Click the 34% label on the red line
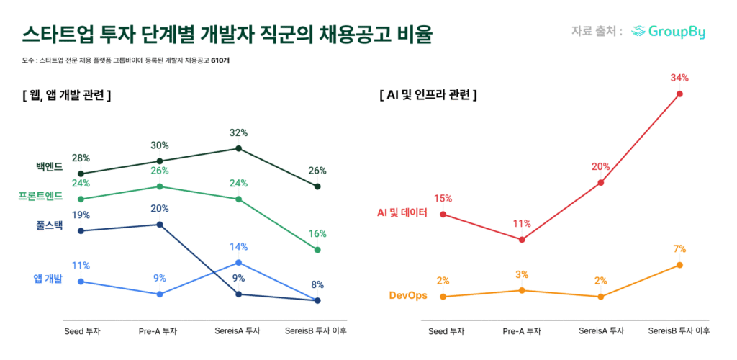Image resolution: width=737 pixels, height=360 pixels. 679,78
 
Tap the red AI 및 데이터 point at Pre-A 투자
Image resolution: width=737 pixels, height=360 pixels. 522,239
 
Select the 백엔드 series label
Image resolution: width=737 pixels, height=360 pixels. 50,167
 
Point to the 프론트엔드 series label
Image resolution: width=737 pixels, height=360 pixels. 41,196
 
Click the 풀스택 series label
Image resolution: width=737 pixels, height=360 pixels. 50,225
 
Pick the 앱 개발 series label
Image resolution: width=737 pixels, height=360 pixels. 48,279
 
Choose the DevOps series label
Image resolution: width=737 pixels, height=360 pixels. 407,295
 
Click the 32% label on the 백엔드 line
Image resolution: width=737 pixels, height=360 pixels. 239,132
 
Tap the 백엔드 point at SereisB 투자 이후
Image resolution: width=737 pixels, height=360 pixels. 317,186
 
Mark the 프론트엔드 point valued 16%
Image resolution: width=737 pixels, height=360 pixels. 317,250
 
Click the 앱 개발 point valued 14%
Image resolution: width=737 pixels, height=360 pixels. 239,262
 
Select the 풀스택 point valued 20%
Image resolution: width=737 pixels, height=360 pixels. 160,224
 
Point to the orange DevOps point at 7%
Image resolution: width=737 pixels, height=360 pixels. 679,265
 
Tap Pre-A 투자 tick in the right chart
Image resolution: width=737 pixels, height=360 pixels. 522,331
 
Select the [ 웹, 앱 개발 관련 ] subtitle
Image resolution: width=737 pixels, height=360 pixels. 66,94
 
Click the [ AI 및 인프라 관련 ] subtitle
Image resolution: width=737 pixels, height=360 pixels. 428,94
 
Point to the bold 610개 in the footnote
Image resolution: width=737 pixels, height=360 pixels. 220,60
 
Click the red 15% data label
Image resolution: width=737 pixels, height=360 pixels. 443,198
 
